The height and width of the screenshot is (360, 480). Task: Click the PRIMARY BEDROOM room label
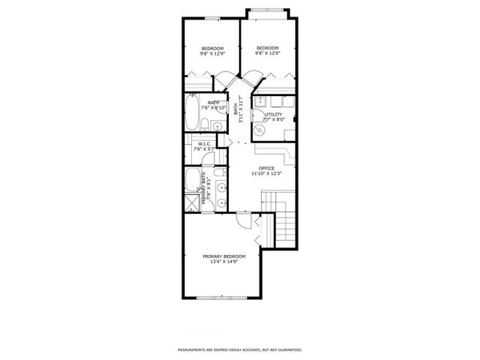point(223,256)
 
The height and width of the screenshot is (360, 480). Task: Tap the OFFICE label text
point(266,168)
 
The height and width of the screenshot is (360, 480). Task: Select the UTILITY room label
point(273,114)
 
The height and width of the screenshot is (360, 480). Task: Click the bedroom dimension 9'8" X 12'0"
point(268,53)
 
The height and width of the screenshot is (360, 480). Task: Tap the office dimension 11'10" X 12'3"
point(266,174)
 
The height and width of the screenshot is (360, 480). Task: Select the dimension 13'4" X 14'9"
point(223,262)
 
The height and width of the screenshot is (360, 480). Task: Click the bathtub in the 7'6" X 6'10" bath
point(192,112)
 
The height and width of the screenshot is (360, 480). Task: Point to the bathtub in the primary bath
point(192,178)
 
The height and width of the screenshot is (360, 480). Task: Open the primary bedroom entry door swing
point(244,218)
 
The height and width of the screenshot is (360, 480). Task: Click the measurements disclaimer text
point(240,350)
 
